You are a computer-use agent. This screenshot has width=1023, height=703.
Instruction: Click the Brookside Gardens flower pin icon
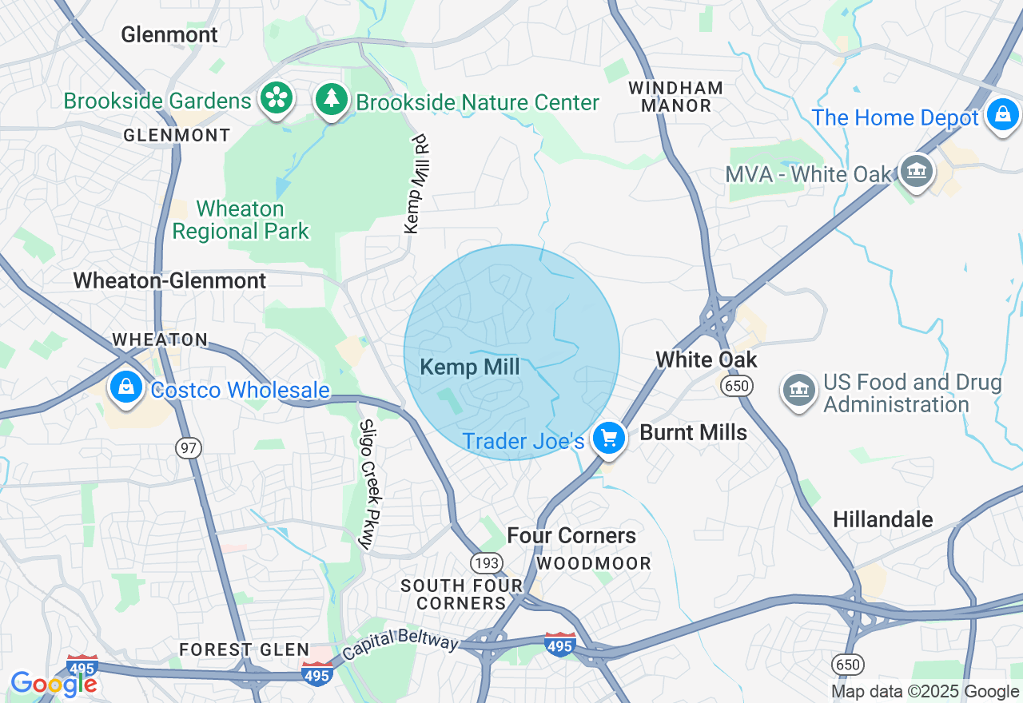[277, 99]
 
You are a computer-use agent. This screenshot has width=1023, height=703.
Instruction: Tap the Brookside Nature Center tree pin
[331, 99]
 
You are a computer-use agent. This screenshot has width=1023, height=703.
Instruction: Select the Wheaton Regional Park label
[241, 220]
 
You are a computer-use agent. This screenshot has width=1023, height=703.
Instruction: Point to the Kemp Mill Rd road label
[417, 185]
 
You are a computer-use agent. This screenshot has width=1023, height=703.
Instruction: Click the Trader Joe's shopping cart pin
[609, 439]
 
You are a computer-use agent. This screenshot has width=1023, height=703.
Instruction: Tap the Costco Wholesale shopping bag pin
[126, 387]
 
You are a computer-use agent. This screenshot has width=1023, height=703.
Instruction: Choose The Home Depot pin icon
[1002, 115]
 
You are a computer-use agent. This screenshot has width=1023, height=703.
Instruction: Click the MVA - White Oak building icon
[917, 171]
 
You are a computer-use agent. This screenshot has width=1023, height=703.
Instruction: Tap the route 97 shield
[189, 448]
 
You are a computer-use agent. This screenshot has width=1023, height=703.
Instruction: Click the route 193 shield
[487, 563]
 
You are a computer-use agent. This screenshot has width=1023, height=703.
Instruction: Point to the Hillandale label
[883, 520]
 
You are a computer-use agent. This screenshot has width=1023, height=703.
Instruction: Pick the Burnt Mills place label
[694, 433]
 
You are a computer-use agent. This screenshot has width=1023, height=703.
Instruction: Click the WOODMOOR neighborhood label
[594, 564]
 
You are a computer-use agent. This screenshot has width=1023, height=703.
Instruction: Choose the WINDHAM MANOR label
[675, 97]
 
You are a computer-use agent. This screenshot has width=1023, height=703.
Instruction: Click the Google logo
[54, 684]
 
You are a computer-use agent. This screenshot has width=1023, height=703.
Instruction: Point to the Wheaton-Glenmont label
[169, 281]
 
